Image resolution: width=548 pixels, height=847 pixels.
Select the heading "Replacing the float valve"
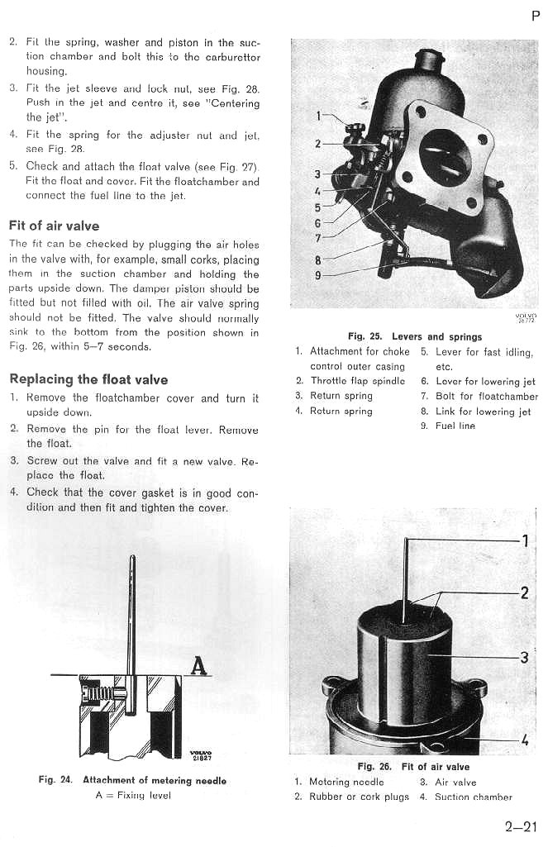[88, 379]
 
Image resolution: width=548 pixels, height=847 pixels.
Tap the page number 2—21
[521, 824]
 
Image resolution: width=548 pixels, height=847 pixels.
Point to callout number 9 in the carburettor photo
[319, 276]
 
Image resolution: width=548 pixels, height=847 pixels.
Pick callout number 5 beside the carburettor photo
[318, 207]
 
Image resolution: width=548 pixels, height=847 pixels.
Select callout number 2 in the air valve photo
[524, 592]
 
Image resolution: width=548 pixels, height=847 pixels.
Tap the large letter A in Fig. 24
[198, 664]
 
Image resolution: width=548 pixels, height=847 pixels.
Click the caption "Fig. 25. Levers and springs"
[415, 336]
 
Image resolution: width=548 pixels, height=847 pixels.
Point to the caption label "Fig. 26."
[374, 767]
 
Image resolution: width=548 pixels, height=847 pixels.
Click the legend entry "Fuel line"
[455, 426]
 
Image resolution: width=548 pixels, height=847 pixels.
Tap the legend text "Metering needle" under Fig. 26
[346, 782]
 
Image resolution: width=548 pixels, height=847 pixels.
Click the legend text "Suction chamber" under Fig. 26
[474, 797]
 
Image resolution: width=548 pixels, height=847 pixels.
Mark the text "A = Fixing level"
[133, 795]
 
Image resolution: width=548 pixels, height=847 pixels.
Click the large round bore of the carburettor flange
[446, 156]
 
